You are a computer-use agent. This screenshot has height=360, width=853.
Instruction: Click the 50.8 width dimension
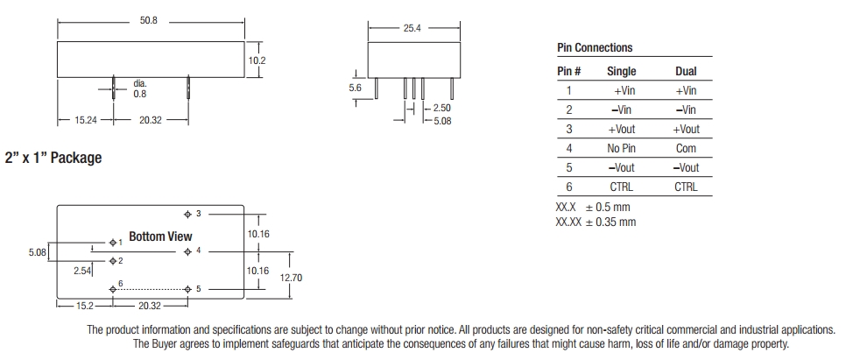[149, 20]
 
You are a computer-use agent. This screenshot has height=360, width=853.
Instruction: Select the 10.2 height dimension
[257, 60]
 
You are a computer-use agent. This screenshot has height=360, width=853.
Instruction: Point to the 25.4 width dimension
[412, 29]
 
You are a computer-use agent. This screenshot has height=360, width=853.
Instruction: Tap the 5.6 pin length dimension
[355, 88]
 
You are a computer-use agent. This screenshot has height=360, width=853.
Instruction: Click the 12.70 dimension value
[292, 278]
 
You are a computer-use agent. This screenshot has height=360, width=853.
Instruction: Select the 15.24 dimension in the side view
[86, 121]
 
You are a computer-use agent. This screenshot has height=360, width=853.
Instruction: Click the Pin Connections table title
[595, 48]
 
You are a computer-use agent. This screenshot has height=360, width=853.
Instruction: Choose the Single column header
[621, 72]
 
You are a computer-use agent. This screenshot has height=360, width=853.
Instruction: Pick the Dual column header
[686, 72]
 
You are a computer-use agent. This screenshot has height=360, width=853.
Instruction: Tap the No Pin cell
[621, 149]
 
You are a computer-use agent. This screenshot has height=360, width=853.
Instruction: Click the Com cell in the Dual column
[686, 149]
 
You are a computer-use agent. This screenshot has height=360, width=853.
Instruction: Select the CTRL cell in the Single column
[621, 187]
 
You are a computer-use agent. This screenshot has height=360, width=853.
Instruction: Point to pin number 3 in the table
[569, 130]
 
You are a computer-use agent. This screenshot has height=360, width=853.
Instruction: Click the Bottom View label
[160, 236]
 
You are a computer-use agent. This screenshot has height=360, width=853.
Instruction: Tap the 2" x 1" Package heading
[53, 159]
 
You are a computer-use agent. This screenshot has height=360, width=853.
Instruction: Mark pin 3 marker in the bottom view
[187, 214]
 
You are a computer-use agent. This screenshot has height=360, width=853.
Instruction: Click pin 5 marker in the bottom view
[187, 288]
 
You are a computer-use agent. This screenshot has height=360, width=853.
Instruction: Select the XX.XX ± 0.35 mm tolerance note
[596, 222]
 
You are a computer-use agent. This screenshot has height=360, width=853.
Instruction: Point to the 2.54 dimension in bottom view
[84, 272]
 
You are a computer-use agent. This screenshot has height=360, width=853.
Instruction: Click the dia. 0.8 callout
[140, 89]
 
